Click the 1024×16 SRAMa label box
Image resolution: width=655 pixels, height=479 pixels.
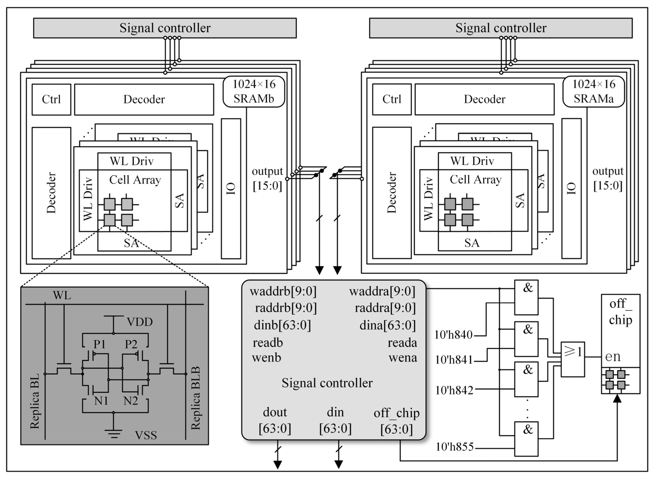click(x=594, y=92)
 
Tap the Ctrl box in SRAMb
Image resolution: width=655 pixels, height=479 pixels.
click(x=51, y=99)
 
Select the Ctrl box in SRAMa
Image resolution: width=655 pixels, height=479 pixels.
click(x=392, y=99)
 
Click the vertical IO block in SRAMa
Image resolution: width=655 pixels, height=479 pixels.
click(x=571, y=188)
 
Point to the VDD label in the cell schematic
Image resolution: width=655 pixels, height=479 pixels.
click(x=140, y=322)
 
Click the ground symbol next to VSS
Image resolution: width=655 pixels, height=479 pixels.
click(x=114, y=433)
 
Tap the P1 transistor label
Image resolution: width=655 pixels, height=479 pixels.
click(x=100, y=344)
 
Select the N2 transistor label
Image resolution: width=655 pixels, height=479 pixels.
click(x=131, y=401)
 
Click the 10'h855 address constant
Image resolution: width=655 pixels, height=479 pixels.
click(x=455, y=447)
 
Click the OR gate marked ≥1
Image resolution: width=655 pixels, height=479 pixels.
click(x=573, y=359)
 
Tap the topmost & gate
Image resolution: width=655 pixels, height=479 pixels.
click(x=526, y=297)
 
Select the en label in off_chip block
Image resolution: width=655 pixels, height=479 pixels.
click(x=613, y=356)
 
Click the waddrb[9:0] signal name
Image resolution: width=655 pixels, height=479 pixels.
click(x=283, y=291)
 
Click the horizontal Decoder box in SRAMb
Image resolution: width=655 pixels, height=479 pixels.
click(x=144, y=99)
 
